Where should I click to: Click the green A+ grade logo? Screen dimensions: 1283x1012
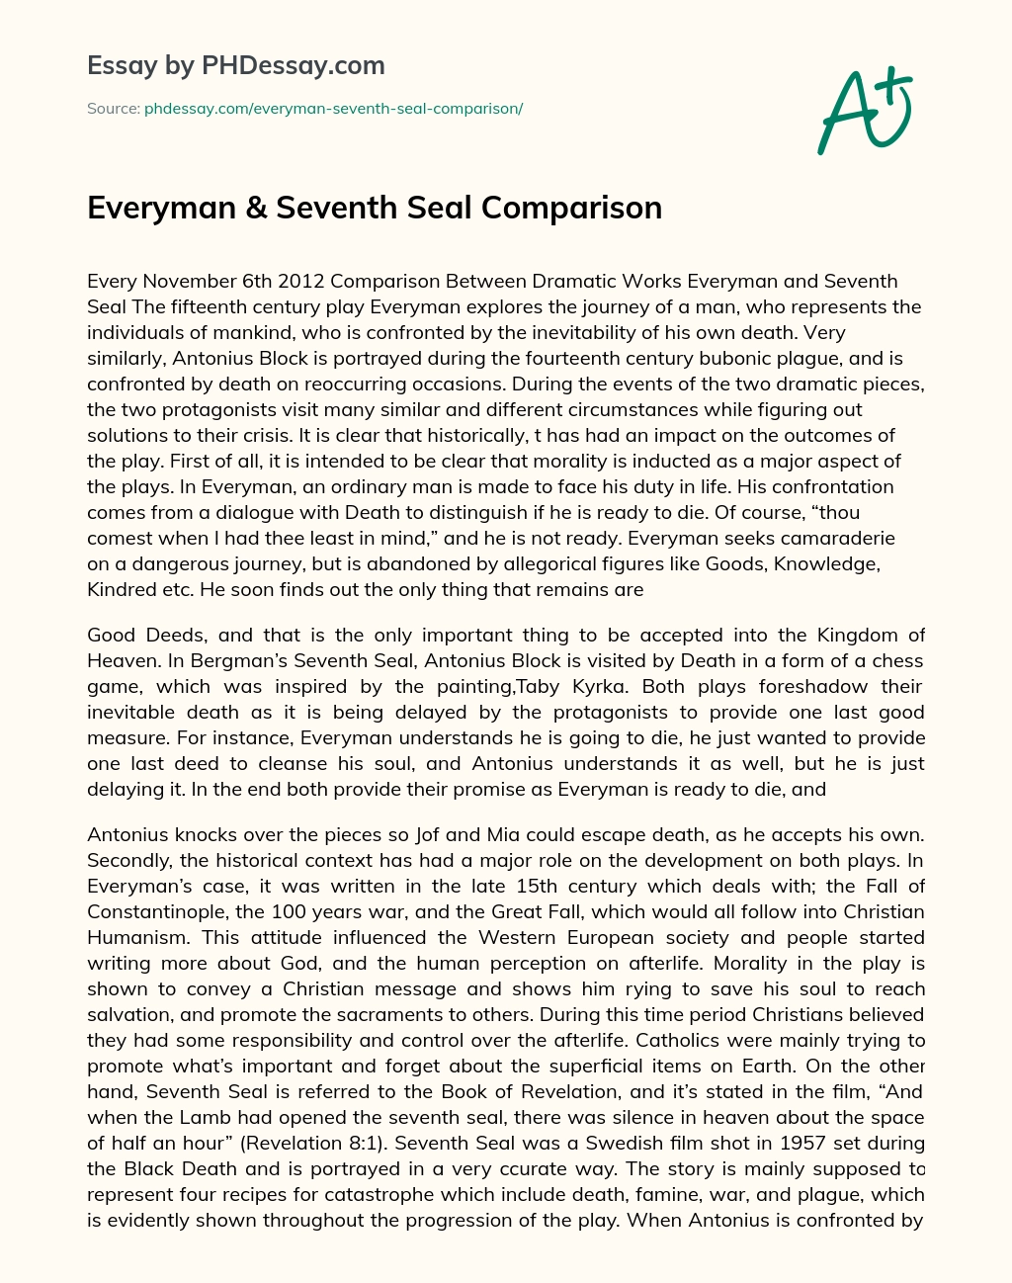point(864,112)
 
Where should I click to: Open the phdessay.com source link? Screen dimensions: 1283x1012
point(333,109)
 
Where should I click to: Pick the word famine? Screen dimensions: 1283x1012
point(693,1194)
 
